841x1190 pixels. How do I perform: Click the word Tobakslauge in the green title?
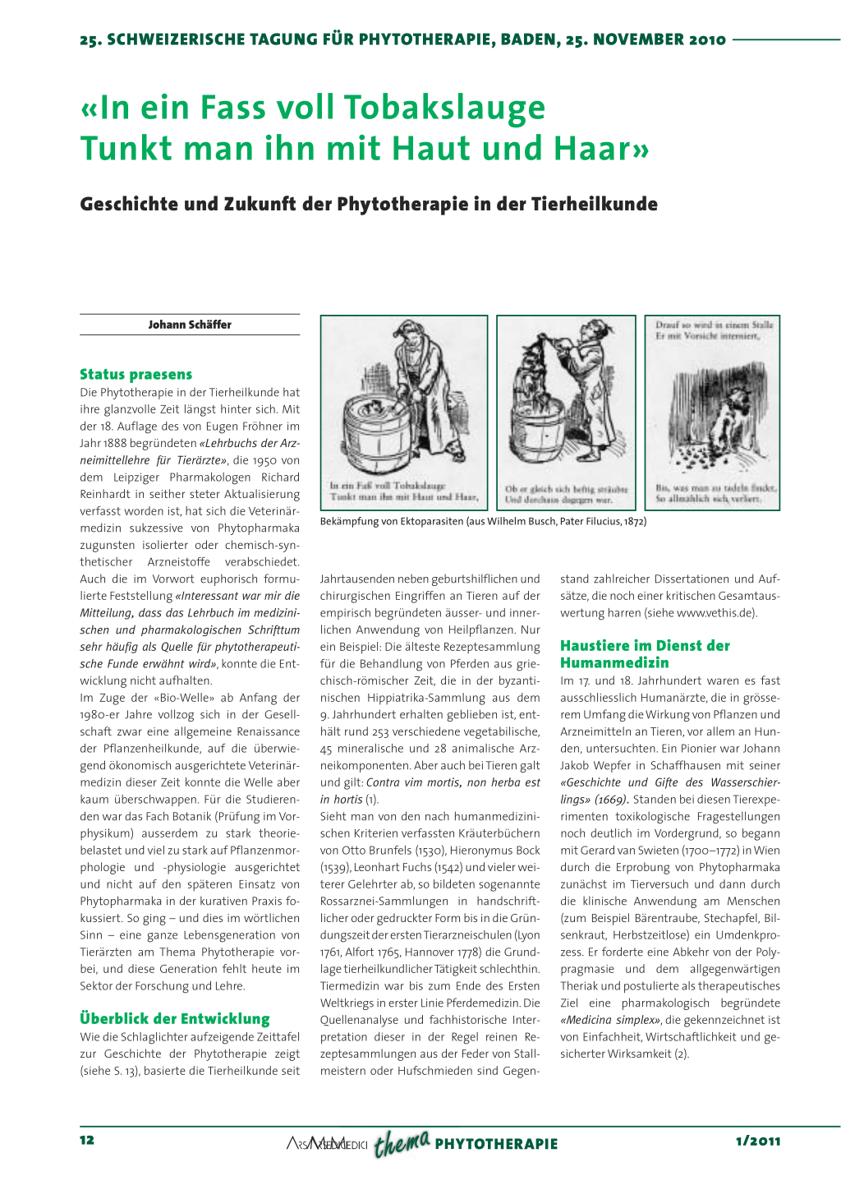coord(444,108)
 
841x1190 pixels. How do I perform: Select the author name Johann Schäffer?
coord(190,325)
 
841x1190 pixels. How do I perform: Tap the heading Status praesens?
coord(136,375)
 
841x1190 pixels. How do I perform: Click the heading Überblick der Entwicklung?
coord(174,1019)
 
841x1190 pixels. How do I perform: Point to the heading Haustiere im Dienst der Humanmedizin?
coord(645,654)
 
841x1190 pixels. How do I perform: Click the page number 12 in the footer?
coord(87,1140)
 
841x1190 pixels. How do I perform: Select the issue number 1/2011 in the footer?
coord(758,1141)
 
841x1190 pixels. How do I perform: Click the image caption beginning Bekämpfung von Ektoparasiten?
coord(483,521)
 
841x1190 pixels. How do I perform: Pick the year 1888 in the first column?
coord(115,443)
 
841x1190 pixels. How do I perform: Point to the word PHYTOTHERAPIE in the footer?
coord(496,1144)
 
